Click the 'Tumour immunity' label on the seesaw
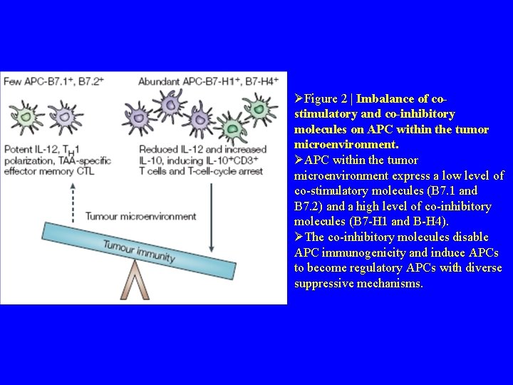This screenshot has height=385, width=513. [139, 250]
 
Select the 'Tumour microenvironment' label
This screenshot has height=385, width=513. [140, 216]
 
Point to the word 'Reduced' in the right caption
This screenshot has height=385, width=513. [158, 149]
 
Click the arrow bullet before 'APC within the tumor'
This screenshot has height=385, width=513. [299, 160]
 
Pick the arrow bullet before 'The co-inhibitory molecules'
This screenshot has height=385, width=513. [299, 237]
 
